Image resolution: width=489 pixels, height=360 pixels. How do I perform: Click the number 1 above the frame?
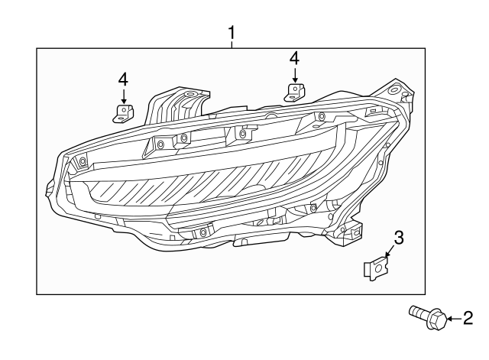232,32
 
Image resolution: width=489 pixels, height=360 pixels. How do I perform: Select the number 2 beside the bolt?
469,318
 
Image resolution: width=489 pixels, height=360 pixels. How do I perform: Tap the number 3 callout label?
397,237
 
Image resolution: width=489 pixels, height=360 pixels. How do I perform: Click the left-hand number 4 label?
122,79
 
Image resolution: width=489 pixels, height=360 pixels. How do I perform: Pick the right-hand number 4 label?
293,58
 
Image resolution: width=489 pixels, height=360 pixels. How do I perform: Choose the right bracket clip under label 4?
293,92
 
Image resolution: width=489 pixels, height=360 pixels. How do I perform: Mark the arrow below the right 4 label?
293,74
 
